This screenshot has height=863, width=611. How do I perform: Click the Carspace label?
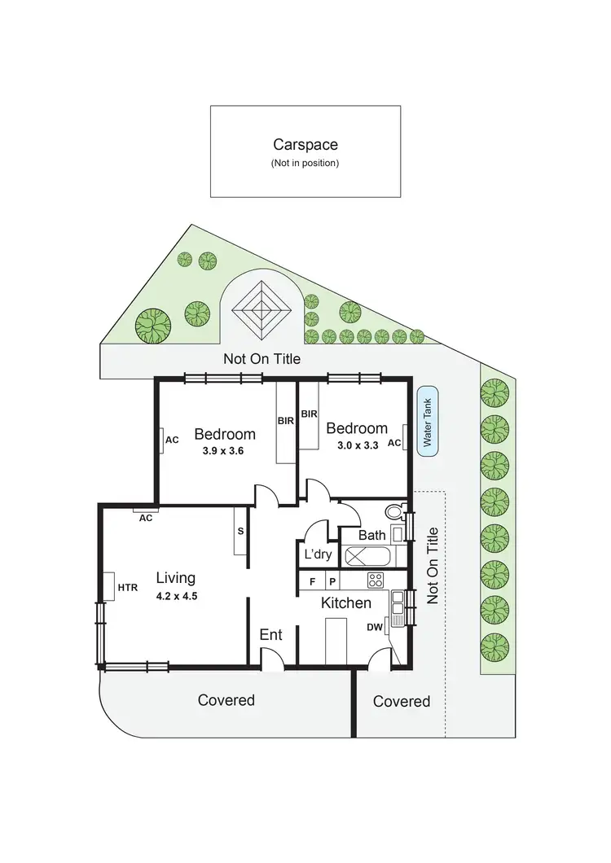click(305, 145)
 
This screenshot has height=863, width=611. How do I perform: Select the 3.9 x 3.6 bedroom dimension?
click(224, 449)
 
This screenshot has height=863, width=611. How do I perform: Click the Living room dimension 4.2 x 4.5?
click(177, 595)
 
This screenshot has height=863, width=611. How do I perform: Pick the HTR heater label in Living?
click(128, 587)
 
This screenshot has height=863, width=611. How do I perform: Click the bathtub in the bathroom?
click(367, 558)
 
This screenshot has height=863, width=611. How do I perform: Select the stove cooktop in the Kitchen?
click(376, 580)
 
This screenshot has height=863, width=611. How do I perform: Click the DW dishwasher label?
click(375, 627)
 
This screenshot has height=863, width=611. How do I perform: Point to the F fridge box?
click(311, 581)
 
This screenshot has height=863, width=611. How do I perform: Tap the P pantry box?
click(332, 581)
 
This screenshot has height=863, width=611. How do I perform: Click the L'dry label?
click(317, 554)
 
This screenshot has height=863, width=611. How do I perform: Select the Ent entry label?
click(270, 634)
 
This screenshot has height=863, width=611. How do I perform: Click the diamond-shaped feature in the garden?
click(262, 309)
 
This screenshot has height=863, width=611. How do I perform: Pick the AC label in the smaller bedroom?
click(394, 443)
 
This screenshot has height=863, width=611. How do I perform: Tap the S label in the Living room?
click(240, 531)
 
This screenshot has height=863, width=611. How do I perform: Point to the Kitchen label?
click(345, 603)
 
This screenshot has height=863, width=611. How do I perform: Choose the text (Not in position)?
click(305, 163)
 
